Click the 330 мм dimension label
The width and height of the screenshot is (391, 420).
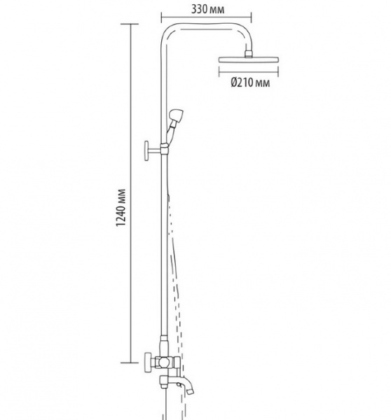coord(207,10)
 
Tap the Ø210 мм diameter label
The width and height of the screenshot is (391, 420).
coord(250,83)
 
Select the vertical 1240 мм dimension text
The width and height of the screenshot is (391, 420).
coord(121,208)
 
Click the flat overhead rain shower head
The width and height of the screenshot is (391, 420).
coord(249,59)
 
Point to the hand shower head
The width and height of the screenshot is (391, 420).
coord(176,115)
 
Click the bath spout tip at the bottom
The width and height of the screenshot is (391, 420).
coord(191,391)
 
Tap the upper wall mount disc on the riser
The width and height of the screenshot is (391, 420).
coord(146,150)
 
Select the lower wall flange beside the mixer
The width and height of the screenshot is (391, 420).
coord(147,363)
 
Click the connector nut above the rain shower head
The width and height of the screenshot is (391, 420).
coord(249,54)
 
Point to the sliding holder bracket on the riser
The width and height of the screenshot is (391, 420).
coord(164,148)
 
